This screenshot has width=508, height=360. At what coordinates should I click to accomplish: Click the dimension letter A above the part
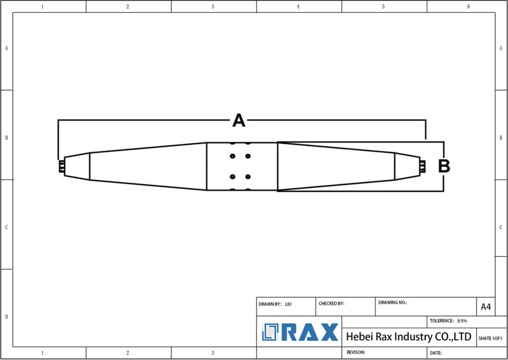[239, 120]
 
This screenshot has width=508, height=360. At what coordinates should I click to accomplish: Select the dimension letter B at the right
[444, 166]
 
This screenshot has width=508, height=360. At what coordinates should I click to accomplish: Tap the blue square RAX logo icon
[271, 332]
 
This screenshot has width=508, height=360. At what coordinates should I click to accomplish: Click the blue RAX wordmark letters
[311, 332]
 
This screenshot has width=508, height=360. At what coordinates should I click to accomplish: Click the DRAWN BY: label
[270, 303]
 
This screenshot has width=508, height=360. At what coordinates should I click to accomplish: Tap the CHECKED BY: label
[331, 303]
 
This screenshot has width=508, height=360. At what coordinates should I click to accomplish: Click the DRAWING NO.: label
[392, 302]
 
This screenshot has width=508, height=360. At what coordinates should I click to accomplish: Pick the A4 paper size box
[486, 307]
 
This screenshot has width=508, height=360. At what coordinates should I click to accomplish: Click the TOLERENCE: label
[442, 321]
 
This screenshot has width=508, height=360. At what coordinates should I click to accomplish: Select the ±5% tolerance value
[462, 321]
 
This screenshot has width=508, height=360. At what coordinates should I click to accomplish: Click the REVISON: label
[356, 352]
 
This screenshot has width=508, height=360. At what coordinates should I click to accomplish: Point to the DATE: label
[436, 353]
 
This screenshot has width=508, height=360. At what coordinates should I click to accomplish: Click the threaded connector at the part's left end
[61, 167]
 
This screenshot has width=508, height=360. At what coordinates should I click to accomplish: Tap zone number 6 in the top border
[468, 6]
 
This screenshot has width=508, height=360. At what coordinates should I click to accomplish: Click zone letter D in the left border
[6, 317]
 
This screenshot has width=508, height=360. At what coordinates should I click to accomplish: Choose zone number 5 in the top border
[383, 6]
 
